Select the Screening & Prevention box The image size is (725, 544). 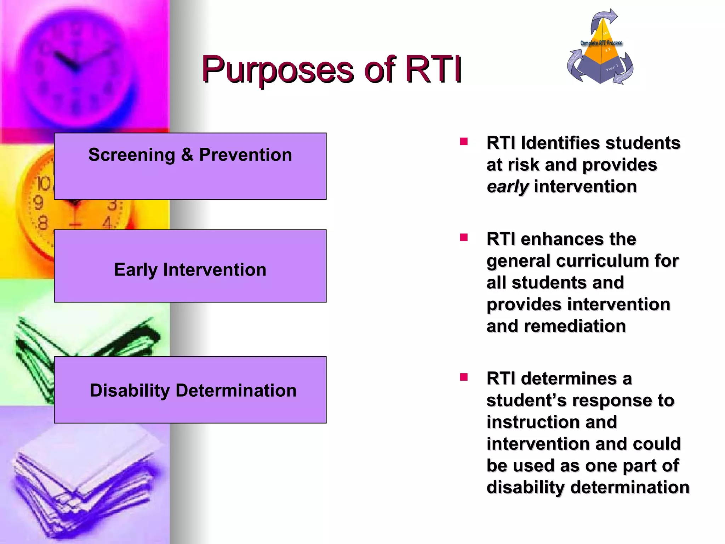pyautogui.click(x=190, y=166)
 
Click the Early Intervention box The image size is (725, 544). pyautogui.click(x=190, y=266)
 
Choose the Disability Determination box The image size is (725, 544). pyautogui.click(x=190, y=390)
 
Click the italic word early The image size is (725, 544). pyautogui.click(x=507, y=187)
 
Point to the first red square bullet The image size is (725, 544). pyautogui.click(x=464, y=142)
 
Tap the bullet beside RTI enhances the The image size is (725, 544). pyautogui.click(x=464, y=237)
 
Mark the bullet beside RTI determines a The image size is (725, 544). pyautogui.click(x=464, y=377)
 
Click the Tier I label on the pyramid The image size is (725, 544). pyautogui.click(x=612, y=67)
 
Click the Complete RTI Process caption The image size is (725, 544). pyautogui.click(x=601, y=43)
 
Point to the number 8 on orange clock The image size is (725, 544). pyautogui.click(x=42, y=223)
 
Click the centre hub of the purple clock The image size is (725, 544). pyautogui.click(x=74, y=67)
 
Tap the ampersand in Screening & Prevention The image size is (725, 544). pyautogui.click(x=187, y=155)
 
